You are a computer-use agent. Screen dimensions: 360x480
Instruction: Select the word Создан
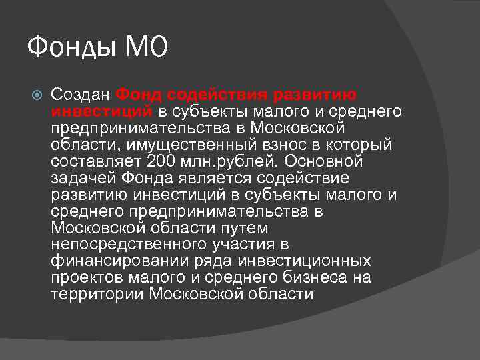80,95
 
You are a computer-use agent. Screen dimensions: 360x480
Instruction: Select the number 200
159,161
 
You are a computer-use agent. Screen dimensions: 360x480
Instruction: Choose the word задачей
84,178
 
